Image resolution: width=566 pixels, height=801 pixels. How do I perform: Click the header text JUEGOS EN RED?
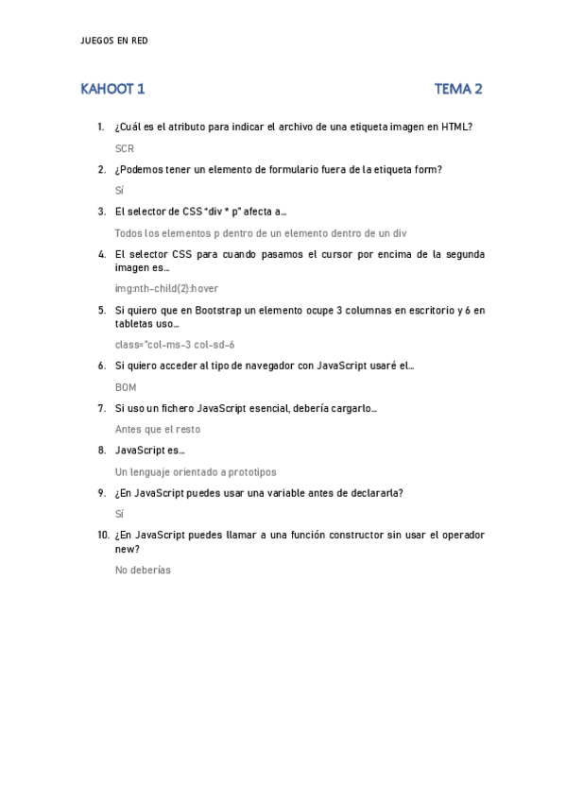116,41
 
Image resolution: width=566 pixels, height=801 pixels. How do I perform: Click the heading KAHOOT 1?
112,90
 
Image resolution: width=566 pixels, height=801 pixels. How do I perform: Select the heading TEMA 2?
458,90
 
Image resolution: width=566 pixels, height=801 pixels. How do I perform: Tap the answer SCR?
125,148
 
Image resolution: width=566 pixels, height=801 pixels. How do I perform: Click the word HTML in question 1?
456,127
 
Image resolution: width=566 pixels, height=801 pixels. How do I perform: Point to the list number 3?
101,212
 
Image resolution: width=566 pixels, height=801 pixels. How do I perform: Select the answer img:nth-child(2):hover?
166,288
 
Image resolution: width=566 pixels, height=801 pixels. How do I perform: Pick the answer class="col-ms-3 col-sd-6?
175,344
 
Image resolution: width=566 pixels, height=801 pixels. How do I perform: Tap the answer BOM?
126,386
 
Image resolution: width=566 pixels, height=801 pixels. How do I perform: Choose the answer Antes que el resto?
158,429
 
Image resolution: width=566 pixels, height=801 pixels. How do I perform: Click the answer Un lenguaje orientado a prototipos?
196,471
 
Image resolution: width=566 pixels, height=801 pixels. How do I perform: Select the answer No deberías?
143,570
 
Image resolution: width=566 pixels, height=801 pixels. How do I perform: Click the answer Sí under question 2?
120,190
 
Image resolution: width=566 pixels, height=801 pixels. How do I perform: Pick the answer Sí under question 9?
120,514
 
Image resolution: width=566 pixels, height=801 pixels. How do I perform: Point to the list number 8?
101,451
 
